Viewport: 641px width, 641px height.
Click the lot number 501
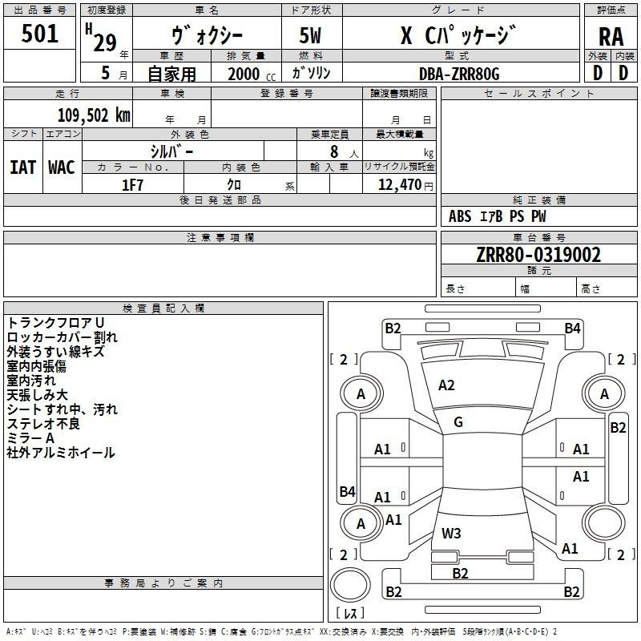point(40,34)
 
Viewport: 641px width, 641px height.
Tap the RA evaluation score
point(611,35)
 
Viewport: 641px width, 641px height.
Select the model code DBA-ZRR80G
point(459,74)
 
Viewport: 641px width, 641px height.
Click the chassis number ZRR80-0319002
point(538,256)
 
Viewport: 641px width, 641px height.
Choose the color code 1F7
point(133,185)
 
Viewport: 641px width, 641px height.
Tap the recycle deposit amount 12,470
point(398,185)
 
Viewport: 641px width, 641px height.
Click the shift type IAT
point(22,167)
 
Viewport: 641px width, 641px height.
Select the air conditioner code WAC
point(62,167)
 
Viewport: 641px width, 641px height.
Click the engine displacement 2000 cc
point(251,74)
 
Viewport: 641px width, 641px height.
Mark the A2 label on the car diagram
point(446,385)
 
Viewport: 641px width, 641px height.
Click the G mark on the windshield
point(458,421)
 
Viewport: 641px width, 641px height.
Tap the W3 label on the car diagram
point(451,533)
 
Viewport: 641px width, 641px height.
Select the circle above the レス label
point(350,587)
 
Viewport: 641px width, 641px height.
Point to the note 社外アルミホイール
point(61,453)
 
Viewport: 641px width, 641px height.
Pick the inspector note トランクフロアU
point(55,322)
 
